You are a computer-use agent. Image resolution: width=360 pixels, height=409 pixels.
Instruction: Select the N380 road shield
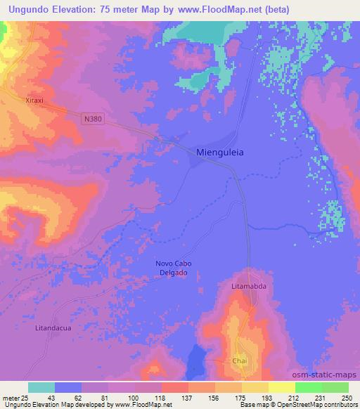pos(92,119)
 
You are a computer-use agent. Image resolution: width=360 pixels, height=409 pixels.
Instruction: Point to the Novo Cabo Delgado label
pos(173,268)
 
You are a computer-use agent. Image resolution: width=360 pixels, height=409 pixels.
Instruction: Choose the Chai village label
pos(240,360)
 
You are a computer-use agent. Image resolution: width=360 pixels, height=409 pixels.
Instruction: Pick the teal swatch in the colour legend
pos(41,387)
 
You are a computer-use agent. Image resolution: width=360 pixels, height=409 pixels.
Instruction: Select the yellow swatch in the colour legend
pos(281,387)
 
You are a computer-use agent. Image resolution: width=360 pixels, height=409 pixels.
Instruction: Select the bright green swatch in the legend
pos(307,387)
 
